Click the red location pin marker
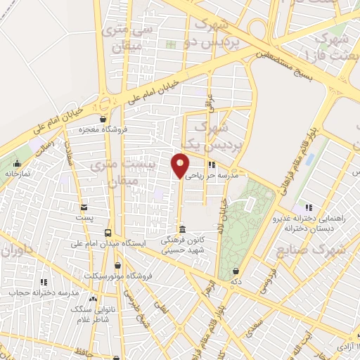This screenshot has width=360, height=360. pyautogui.click(x=180, y=165)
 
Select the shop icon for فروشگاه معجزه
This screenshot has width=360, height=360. pyautogui.click(x=103, y=119)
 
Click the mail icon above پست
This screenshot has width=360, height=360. pyautogui.click(x=84, y=207)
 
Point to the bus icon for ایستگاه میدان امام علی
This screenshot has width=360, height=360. pyautogui.click(x=108, y=233)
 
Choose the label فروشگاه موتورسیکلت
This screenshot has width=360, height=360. pyautogui.click(x=117, y=276)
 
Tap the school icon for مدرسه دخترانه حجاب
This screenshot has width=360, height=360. pyautogui.click(x=44, y=282)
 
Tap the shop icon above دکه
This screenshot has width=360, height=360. pyautogui.click(x=235, y=271)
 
